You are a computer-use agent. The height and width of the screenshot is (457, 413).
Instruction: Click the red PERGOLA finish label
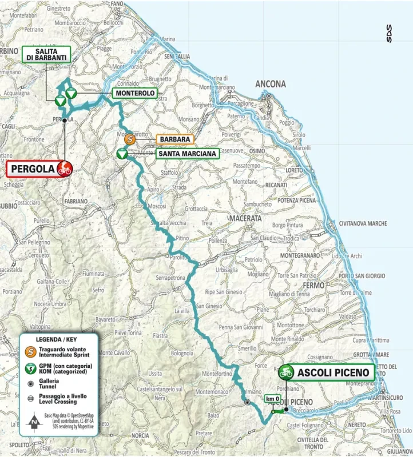pos(33,169)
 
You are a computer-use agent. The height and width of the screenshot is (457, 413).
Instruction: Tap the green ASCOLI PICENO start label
pos(335,372)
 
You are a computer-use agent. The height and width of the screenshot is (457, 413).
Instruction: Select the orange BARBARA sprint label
pos(175,138)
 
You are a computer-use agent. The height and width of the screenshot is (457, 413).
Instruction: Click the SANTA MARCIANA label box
pos(187,154)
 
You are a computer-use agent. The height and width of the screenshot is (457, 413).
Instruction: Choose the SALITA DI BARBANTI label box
pos(46,54)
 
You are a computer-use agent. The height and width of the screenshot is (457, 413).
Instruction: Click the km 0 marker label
pos(273,399)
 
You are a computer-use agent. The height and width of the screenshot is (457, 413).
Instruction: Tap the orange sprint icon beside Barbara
pos(130,138)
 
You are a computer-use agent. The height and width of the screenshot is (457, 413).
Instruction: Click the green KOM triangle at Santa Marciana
pos(122,154)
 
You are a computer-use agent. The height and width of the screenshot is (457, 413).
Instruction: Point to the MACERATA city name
pos(244,218)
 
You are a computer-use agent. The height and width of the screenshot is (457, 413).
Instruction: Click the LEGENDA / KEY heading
pos(57,339)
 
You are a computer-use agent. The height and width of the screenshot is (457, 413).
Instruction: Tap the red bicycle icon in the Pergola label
pos(64,169)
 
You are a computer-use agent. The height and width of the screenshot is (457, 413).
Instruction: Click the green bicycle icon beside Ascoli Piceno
pos(286,372)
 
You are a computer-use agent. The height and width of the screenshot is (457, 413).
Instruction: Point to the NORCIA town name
pos(140,435)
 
